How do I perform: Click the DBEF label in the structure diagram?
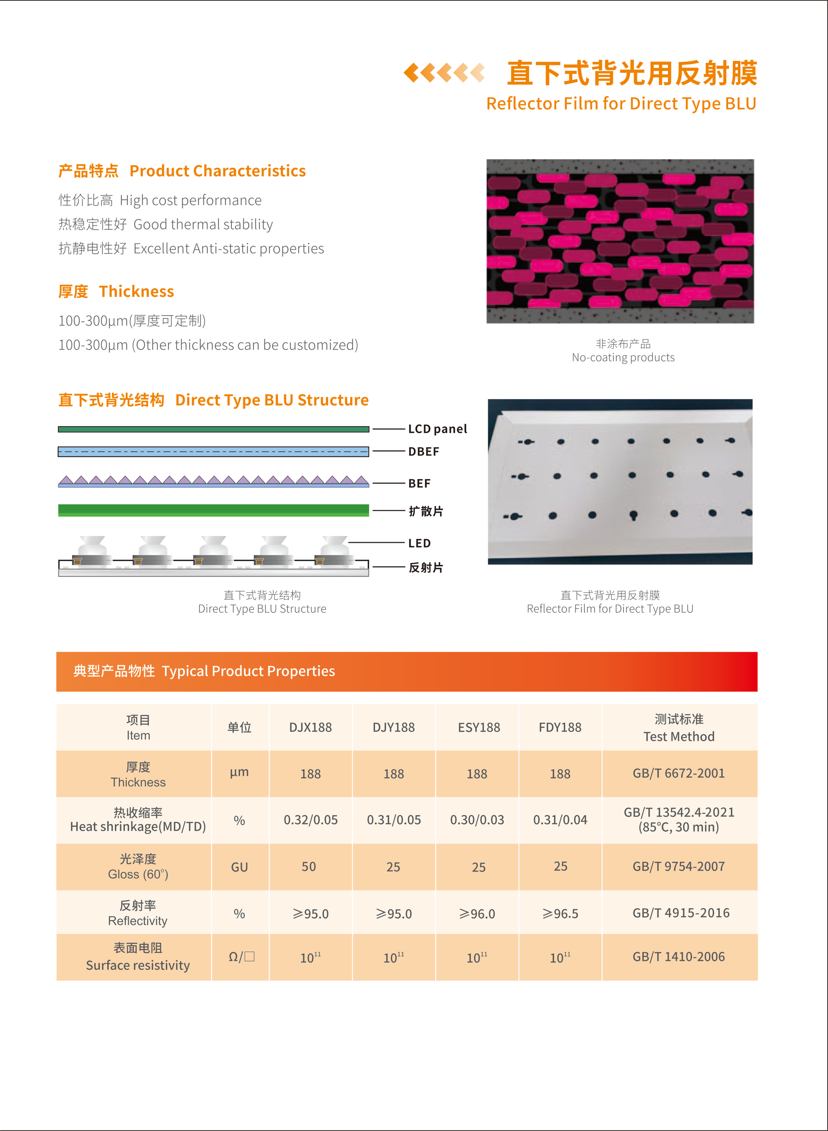click(x=424, y=452)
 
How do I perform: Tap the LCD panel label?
click(x=437, y=429)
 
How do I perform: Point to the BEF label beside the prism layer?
click(x=419, y=483)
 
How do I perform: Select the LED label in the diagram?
click(x=419, y=543)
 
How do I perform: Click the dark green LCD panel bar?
click(x=214, y=429)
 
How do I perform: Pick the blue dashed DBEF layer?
click(x=214, y=452)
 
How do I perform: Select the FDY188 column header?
click(x=560, y=727)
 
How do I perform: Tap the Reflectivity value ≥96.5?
click(x=560, y=914)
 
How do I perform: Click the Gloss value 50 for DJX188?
click(x=309, y=867)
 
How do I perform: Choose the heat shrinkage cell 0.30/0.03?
click(x=477, y=820)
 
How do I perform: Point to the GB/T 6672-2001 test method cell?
click(x=679, y=773)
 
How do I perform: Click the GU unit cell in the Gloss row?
click(x=239, y=867)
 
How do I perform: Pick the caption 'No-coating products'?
click(x=623, y=358)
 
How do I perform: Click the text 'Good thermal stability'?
click(x=203, y=224)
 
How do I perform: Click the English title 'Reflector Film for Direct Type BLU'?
click(x=621, y=104)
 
